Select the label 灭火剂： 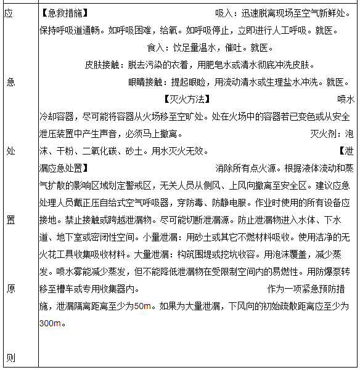click(x=327, y=134)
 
